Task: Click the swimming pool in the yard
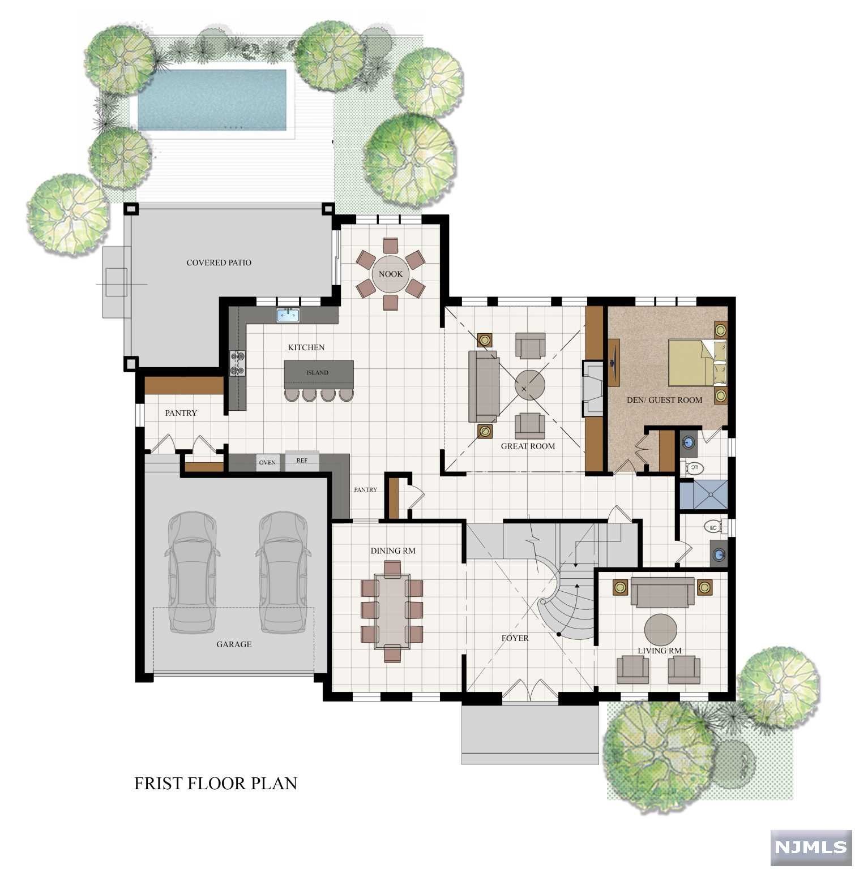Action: tap(212, 100)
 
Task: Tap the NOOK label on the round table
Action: tap(390, 274)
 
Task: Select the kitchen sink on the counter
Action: tap(288, 315)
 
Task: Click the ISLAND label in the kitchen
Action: tap(317, 373)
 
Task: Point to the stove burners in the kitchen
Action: tap(237, 363)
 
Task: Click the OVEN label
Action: tap(267, 463)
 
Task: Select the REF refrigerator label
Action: tap(302, 461)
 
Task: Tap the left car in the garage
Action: tap(191, 573)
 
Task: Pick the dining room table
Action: tap(391, 611)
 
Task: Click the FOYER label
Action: tap(515, 638)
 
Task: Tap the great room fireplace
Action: tap(593, 389)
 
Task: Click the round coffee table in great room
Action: tap(529, 386)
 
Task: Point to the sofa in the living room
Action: tap(662, 592)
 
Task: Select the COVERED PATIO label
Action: tap(219, 263)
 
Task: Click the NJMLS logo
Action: tap(810, 848)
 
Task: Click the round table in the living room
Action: tap(660, 630)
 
